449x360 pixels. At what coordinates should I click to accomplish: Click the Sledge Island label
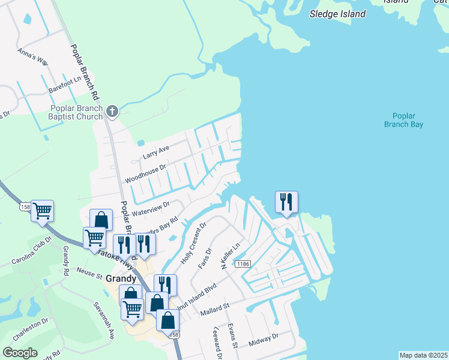pos(337,13)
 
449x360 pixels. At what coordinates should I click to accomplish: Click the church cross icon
pos(112,111)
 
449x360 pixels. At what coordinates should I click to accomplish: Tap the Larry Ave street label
pos(156,151)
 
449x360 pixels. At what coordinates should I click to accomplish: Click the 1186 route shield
pos(243,264)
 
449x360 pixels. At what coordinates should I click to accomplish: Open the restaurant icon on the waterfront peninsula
pos(286,202)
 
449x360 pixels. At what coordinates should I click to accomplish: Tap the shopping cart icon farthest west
pos(42,211)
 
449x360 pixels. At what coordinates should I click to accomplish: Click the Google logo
pos(20,352)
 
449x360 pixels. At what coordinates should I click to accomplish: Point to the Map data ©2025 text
pos(423,355)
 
